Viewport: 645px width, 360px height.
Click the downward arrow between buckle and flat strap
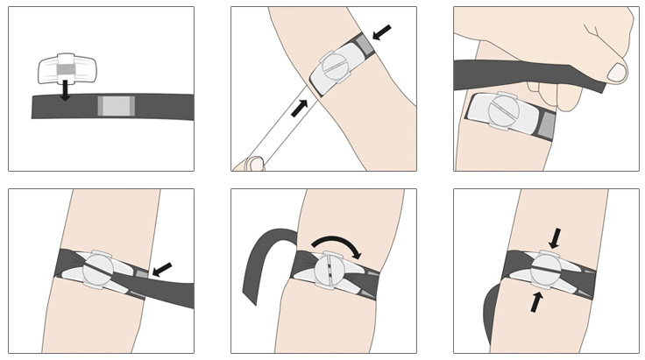click(64, 90)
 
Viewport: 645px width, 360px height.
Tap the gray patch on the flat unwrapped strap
click(116, 106)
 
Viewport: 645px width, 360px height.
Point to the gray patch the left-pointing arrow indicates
click(141, 276)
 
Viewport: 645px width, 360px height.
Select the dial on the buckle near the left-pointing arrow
click(98, 268)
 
